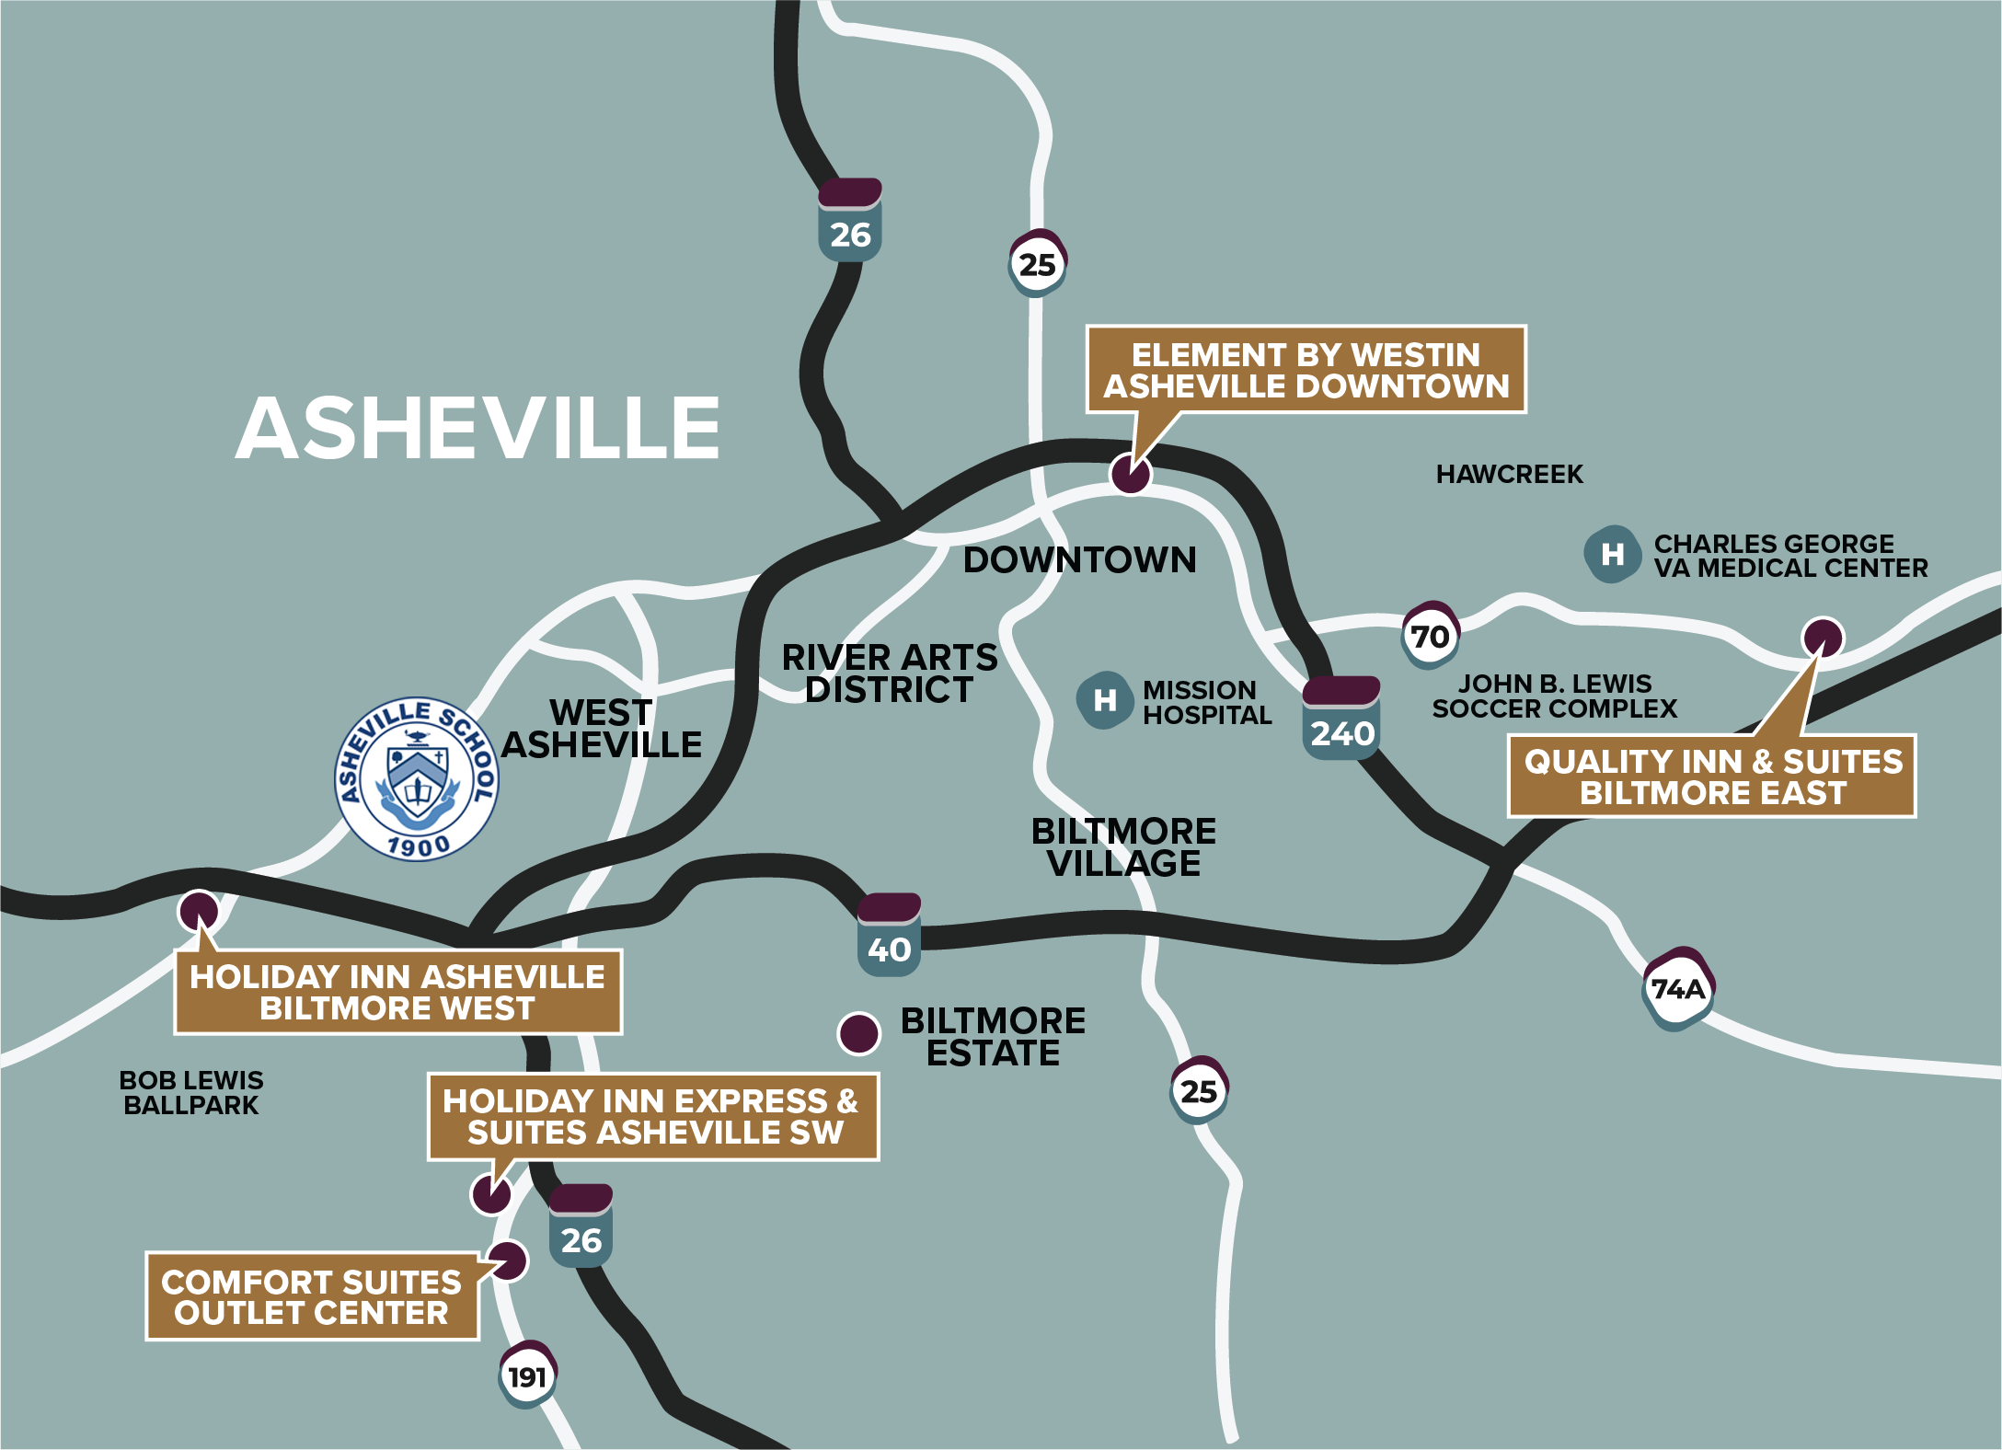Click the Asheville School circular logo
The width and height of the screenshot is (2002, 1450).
coord(417,779)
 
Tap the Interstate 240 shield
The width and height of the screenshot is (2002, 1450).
coord(1341,719)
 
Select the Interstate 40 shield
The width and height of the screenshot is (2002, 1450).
coord(889,936)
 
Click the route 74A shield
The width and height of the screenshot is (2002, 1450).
coord(1678,989)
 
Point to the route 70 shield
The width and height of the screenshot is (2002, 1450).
coord(1430,635)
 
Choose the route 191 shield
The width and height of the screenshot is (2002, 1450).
coord(527,1375)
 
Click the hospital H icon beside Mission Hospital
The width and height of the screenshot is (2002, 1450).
coord(1104,700)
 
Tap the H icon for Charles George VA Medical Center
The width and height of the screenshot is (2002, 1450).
coord(1612,554)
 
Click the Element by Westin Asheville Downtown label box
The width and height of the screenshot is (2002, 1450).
coord(1306,370)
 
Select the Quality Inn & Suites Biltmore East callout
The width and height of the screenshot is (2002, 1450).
coord(1711,777)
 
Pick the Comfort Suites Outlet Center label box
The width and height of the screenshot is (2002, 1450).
coord(312,1296)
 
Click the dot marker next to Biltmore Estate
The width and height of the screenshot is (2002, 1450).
coord(859,1033)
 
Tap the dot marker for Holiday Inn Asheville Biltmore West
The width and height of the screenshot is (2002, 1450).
coord(199,911)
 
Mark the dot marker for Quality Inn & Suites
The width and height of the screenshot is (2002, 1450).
coord(1823,637)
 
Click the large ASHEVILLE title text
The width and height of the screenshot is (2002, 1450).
coord(477,429)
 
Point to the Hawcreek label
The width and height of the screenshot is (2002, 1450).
coord(1509,475)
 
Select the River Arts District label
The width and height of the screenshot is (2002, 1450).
coord(889,673)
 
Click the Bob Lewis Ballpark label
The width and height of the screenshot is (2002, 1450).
coord(191,1092)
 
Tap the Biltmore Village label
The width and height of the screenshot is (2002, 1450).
coord(1123,847)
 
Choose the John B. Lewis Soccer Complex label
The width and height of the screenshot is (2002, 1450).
coord(1554,696)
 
